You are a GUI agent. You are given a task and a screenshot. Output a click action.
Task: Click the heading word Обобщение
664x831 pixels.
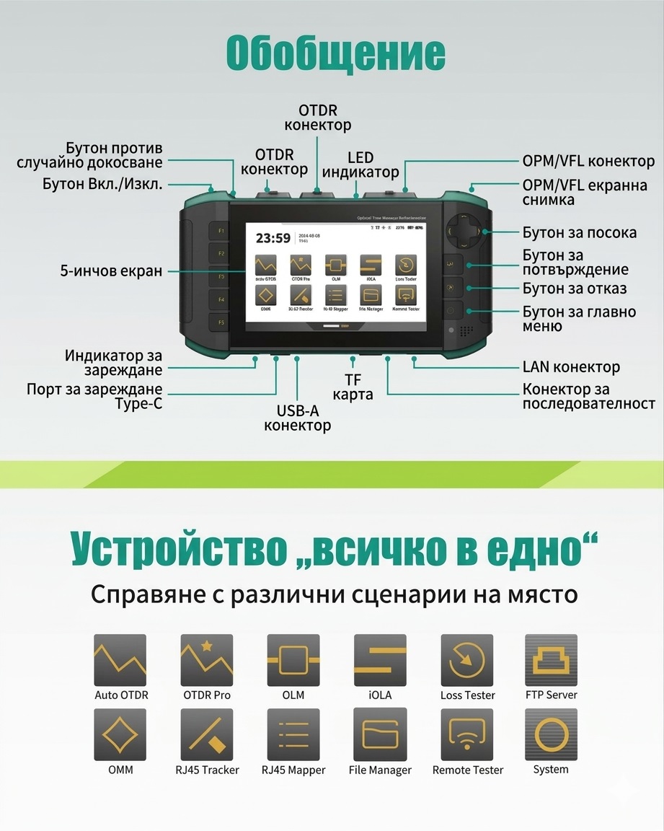point(335,53)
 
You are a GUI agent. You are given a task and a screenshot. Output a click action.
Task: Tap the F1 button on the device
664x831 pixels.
point(221,231)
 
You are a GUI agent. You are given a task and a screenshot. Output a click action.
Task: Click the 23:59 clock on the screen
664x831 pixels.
point(273,239)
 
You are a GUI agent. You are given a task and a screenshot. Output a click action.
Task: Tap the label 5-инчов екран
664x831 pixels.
point(112,271)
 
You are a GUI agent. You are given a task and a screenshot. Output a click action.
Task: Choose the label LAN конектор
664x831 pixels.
point(571,367)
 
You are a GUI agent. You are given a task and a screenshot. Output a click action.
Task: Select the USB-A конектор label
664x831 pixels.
point(297,418)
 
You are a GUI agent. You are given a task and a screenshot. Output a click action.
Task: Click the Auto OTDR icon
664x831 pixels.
point(120,660)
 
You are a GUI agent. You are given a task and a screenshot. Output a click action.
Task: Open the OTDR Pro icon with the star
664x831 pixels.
point(207,660)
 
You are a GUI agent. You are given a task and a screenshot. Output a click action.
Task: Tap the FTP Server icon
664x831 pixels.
point(551,660)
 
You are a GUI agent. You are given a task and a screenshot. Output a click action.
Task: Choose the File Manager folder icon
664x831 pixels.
point(380,734)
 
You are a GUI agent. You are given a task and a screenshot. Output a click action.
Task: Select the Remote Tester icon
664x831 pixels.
point(467,734)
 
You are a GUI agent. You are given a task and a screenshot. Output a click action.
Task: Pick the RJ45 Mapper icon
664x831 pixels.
point(293,734)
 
